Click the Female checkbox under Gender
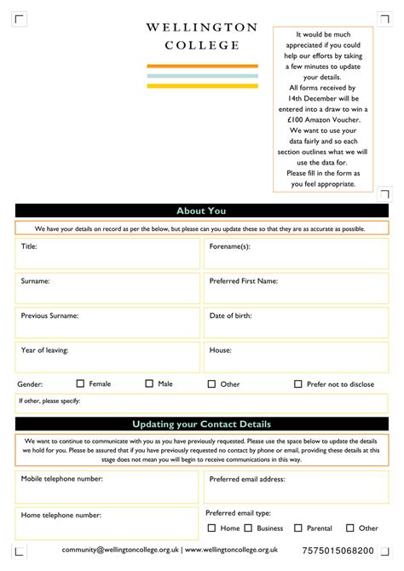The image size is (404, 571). point(81,384)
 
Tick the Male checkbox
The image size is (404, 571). point(149,384)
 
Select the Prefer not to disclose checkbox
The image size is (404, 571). point(298,384)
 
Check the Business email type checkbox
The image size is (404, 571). point(248,528)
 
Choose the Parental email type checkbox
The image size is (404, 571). point(297,528)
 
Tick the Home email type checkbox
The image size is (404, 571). point(211,528)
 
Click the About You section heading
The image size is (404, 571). point(201,211)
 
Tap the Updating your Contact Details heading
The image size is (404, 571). point(201,424)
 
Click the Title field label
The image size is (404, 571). point(29,246)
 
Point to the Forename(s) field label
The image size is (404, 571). point(229,246)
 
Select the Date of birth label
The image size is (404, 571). point(230,315)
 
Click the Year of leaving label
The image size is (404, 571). point(44,349)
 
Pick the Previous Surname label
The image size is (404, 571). point(49,315)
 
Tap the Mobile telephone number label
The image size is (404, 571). point(61,479)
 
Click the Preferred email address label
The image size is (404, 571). point(247,479)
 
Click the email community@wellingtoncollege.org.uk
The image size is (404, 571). point(119,551)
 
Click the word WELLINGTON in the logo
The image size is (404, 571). point(201,28)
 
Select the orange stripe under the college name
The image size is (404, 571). point(202,66)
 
